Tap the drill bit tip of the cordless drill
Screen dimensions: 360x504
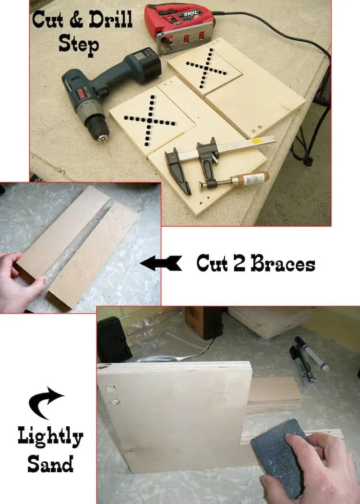[x=111, y=156]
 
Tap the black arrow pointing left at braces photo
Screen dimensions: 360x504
[x=161, y=263]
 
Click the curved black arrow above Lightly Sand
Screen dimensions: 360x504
[x=45, y=402]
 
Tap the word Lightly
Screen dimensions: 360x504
[x=50, y=437]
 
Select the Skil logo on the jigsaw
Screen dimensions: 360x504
[x=192, y=14]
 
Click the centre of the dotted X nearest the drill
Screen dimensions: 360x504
[x=150, y=120]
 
